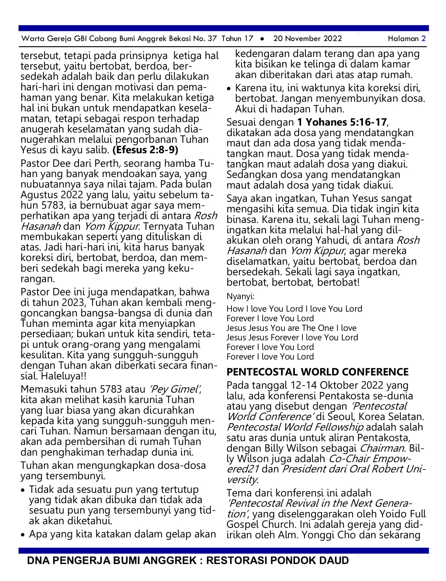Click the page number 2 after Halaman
[x=424, y=38]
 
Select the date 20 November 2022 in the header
[x=307, y=38]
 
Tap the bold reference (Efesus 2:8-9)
[x=145, y=150]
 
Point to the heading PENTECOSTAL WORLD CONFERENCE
[x=317, y=372]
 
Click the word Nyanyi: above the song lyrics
[x=240, y=296]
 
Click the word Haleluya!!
[x=64, y=376]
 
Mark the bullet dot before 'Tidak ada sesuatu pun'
[x=23, y=490]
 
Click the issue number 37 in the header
[x=212, y=38]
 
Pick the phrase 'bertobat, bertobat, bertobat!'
[x=293, y=282]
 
